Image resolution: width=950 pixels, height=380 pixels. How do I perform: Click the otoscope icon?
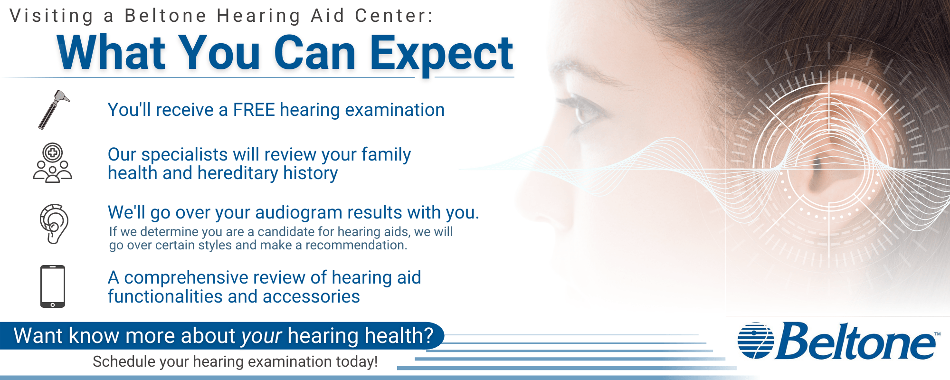[x=54, y=109]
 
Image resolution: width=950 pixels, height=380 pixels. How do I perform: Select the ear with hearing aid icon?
[x=54, y=224]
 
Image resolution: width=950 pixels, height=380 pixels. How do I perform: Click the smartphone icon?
[x=52, y=286]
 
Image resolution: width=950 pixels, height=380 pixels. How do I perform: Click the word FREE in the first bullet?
[x=254, y=110]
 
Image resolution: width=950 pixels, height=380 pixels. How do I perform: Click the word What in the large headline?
[x=111, y=54]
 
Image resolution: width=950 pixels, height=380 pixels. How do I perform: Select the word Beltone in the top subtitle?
[x=165, y=16]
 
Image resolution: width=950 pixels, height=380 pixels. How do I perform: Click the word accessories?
[x=311, y=297]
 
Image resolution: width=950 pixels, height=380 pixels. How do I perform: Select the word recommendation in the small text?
[x=355, y=246]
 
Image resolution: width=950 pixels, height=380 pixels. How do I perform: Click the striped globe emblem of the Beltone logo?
[x=755, y=341]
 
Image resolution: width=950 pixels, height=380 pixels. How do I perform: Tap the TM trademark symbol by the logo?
[x=937, y=334]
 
